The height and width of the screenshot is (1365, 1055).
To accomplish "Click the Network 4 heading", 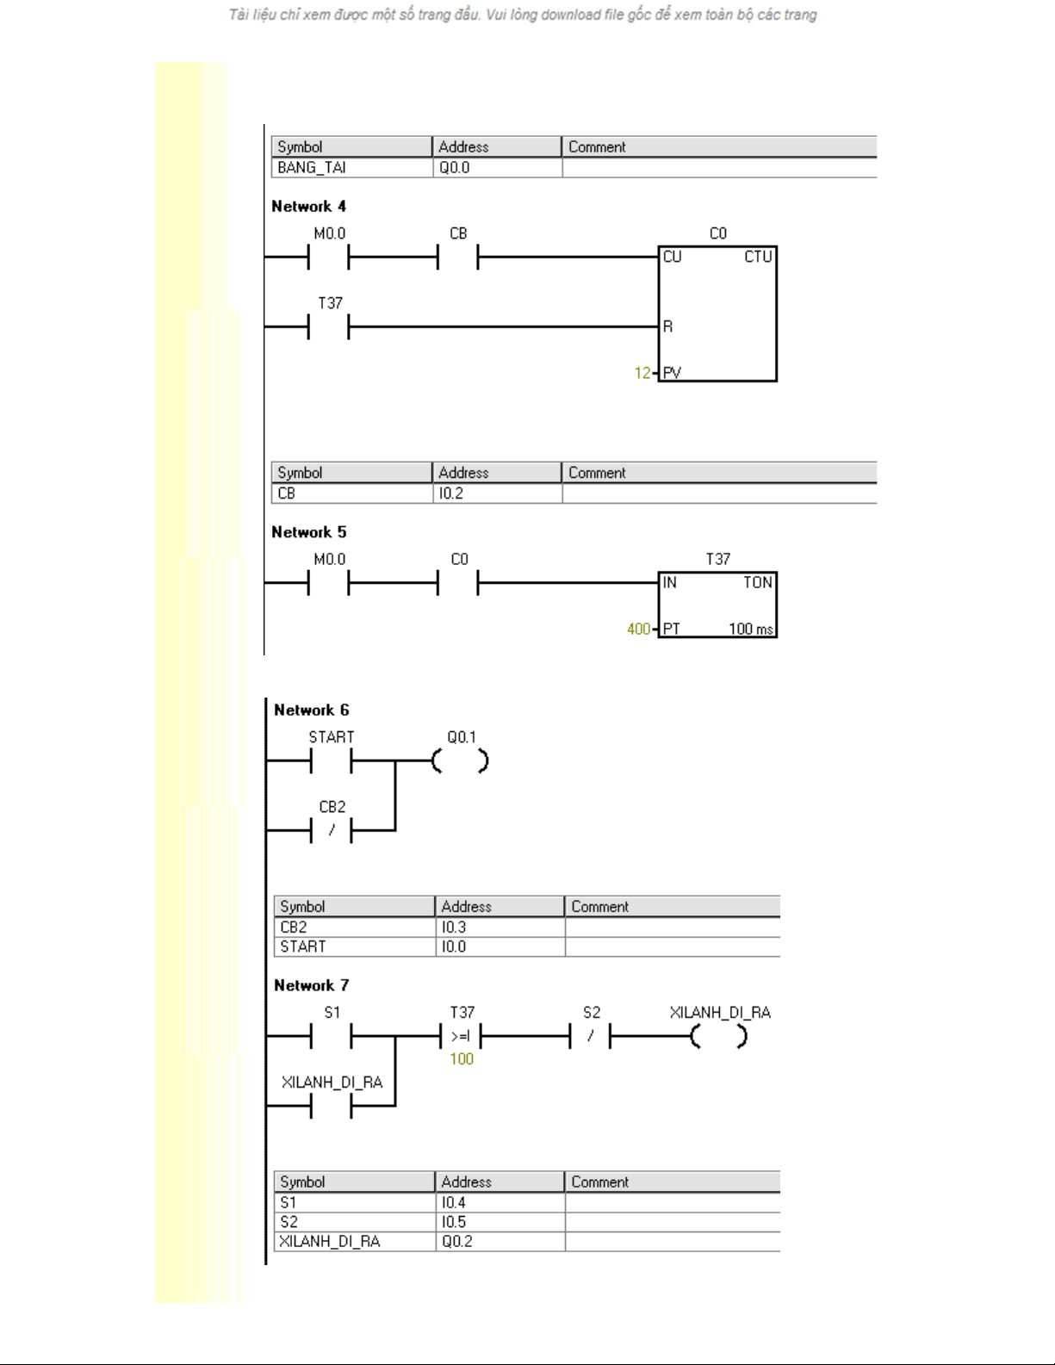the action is [308, 206].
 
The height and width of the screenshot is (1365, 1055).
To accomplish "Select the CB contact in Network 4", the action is [458, 257].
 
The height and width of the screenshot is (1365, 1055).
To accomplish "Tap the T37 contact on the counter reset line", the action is [328, 326].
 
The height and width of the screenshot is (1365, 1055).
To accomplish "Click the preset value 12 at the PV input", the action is [642, 373].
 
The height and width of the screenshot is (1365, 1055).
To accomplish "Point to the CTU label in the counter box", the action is [757, 257].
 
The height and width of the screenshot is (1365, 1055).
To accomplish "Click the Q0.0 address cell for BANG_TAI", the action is [497, 168].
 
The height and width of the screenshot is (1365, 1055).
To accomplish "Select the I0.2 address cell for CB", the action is [497, 493].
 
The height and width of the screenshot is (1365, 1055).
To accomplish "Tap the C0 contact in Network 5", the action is [458, 583].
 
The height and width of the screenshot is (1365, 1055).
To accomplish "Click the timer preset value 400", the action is [638, 629].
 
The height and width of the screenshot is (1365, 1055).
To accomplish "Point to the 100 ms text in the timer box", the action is [750, 629].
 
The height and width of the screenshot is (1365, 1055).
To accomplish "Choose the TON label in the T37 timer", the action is [757, 583].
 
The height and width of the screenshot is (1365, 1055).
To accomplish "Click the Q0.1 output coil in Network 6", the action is [460, 761].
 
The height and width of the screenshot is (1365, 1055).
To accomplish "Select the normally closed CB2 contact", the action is [331, 831].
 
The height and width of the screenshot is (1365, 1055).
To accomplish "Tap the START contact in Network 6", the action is [331, 761].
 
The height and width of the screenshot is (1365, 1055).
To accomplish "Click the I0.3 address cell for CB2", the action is [500, 928].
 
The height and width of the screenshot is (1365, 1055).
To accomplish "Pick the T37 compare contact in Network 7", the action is [460, 1037].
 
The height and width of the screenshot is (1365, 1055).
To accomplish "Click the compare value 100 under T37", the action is [462, 1059].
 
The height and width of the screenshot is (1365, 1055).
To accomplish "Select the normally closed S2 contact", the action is [590, 1037].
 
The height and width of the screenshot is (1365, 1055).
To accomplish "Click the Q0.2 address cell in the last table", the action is [500, 1241].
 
